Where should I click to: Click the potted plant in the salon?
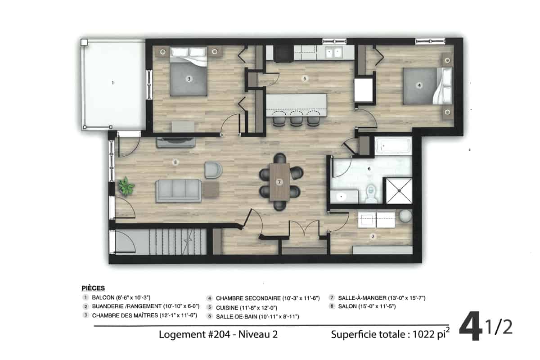[x=126, y=186]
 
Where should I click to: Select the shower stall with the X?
[x=399, y=191]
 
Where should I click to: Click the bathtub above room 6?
[x=393, y=145]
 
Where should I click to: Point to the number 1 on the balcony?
[x=113, y=83]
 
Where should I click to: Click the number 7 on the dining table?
[x=279, y=182]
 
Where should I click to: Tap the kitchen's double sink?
[x=333, y=52]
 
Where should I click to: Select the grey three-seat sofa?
[x=178, y=190]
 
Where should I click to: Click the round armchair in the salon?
[x=213, y=170]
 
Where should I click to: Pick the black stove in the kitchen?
[x=283, y=54]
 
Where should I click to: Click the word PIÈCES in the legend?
[x=93, y=288]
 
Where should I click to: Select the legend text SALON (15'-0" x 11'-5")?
[x=367, y=306]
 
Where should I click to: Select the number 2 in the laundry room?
[x=373, y=237]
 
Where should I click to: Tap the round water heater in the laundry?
[x=405, y=216]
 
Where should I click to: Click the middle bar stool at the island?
[x=296, y=119]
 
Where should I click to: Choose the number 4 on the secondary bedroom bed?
[x=419, y=85]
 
